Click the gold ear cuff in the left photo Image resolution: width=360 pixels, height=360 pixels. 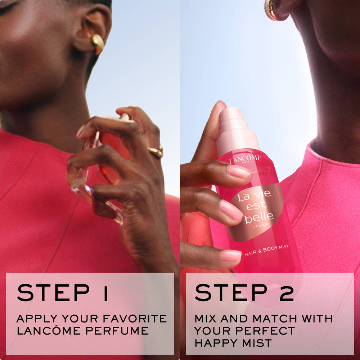(98, 44)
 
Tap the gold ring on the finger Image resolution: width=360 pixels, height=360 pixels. (156, 152)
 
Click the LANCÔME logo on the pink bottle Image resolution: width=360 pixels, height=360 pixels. (245, 159)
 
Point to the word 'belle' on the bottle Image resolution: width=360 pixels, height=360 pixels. (259, 217)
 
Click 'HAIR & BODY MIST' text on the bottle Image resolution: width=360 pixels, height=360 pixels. (266, 250)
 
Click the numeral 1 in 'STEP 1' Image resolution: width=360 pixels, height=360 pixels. (105, 292)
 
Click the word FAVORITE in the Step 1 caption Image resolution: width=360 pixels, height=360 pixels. (135, 319)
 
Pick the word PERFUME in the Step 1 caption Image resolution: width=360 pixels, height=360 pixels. (117, 330)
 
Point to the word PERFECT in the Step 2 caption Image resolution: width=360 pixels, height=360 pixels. (265, 330)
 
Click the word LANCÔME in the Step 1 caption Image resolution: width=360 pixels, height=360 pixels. (49, 330)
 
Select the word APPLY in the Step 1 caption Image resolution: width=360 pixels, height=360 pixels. (37, 319)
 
